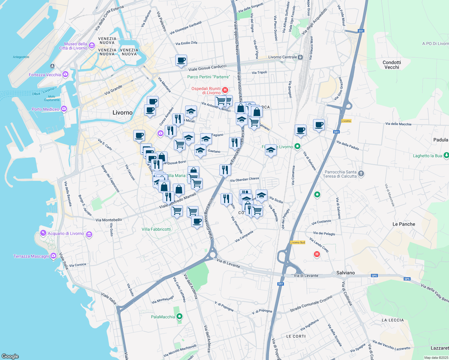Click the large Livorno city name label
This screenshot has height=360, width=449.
tap(122, 113)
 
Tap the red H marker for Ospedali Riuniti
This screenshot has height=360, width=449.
tap(225, 90)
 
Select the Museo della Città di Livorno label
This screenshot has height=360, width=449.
tap(74, 46)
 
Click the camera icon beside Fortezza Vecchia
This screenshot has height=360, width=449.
tap(65, 74)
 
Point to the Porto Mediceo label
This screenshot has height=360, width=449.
tap(46, 109)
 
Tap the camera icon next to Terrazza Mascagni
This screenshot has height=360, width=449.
tap(53, 256)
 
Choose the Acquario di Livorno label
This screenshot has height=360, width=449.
tap(66, 234)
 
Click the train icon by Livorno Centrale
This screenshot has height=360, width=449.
tap(300, 57)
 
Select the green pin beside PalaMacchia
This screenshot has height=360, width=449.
tap(179, 316)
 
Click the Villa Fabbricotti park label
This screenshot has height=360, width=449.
tap(156, 229)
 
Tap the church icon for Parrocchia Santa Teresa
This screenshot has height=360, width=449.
tap(361, 173)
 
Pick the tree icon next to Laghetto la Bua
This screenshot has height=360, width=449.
tap(446, 155)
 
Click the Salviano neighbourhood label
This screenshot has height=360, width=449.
tap(345, 273)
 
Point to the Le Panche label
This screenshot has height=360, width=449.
tap(404, 224)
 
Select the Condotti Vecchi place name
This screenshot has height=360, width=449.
tap(392, 65)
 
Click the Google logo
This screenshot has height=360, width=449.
tap(10, 356)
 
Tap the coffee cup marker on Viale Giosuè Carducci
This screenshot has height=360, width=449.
tap(181, 60)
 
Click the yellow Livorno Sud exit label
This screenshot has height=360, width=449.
tap(297, 242)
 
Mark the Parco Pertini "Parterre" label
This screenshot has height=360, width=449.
tap(209, 77)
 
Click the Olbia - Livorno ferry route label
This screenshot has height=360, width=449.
tap(43, 91)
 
